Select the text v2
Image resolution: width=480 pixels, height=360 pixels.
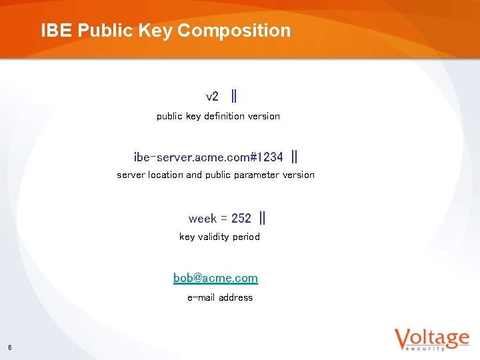[x=212, y=97]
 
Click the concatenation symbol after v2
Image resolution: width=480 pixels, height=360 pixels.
[x=233, y=96]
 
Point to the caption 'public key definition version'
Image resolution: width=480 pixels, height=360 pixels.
[x=218, y=116]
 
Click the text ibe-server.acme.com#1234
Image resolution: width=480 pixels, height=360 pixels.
[x=208, y=157]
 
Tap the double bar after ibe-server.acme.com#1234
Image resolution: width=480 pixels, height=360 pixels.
[x=295, y=157]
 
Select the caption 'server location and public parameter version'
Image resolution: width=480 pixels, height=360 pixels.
[x=215, y=175]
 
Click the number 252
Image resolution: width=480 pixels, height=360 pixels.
[x=241, y=219]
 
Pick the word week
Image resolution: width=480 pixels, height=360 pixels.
[x=202, y=219]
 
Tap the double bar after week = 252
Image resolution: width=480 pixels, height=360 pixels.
[x=262, y=218]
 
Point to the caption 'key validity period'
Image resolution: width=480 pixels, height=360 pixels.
[x=219, y=237]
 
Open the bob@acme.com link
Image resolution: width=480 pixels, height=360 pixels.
[x=215, y=278]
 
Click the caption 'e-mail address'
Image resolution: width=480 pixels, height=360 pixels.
[x=220, y=297]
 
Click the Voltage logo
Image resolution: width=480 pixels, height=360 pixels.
[x=431, y=339]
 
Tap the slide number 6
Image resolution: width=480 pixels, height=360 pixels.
[x=10, y=347]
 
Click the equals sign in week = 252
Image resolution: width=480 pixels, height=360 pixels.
[x=224, y=219]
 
